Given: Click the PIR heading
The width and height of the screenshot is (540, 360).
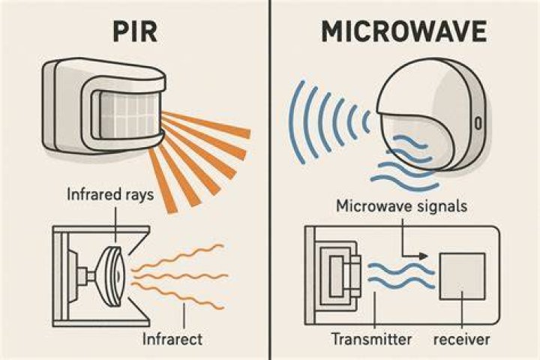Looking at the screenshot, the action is click(x=135, y=31).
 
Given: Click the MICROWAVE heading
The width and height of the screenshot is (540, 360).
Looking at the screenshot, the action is click(x=404, y=31).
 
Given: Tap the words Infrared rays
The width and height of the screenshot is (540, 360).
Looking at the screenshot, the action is click(x=110, y=194).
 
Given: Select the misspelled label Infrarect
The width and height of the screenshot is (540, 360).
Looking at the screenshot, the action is click(x=172, y=339).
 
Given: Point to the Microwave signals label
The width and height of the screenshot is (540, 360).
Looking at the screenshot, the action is click(x=401, y=206).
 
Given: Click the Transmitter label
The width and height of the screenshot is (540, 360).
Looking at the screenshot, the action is click(x=371, y=339).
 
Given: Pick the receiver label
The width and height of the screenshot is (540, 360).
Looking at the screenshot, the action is click(x=461, y=339).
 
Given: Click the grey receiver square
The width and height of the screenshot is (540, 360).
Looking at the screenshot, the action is click(x=463, y=276).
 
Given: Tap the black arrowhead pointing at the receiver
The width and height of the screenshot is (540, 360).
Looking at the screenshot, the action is click(x=424, y=256).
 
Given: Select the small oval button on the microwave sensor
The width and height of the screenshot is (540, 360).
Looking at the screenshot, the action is click(x=478, y=123).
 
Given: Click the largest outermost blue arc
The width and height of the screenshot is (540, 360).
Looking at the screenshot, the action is click(x=295, y=122).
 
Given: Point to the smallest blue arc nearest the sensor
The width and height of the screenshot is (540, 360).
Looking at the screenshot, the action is click(x=367, y=122).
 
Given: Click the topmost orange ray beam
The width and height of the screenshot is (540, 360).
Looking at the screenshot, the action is click(x=206, y=124).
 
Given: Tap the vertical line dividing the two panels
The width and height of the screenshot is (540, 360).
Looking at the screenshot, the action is click(x=271, y=180).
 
